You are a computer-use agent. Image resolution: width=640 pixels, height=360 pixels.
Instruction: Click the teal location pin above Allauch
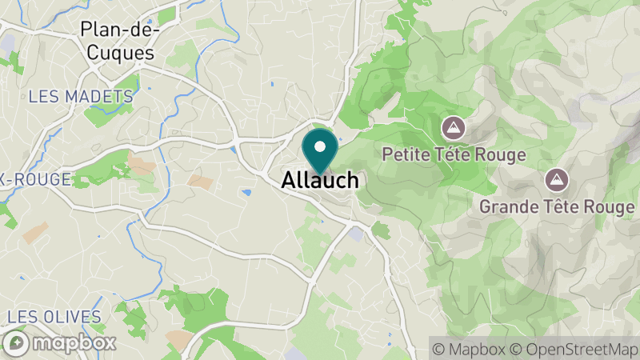[320, 151]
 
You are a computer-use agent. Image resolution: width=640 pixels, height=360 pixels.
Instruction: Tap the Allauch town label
[320, 182]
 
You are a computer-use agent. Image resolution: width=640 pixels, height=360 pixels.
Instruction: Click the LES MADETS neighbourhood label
[80, 97]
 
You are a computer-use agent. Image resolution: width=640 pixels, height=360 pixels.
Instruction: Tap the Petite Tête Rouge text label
[454, 154]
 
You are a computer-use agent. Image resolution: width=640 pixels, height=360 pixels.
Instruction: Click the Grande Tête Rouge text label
[556, 206]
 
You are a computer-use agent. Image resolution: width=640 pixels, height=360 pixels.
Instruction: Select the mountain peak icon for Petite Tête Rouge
[454, 127]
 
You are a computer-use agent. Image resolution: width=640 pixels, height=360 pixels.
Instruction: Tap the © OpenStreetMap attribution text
[574, 349]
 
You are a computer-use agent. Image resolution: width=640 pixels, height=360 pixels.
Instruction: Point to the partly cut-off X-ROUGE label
[35, 179]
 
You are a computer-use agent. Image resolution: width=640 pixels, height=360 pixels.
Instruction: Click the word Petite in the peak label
[406, 154]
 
